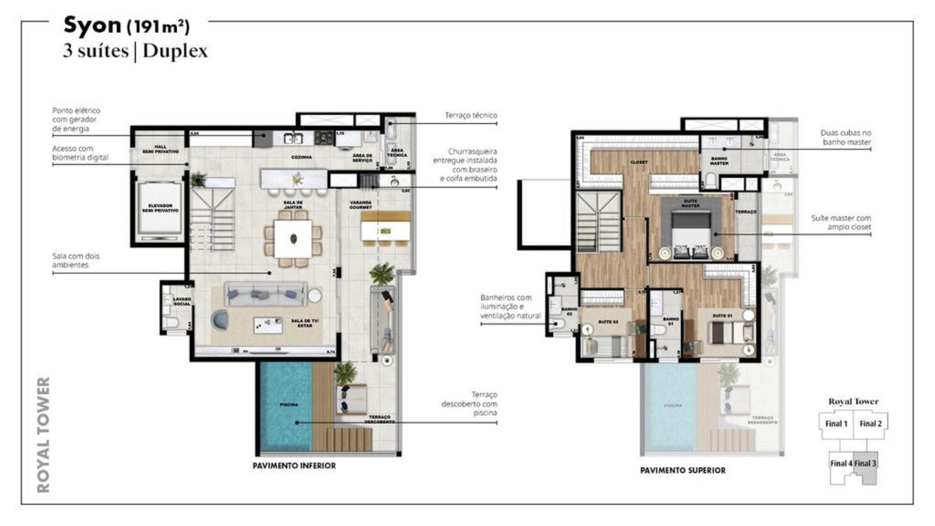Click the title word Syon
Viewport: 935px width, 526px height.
92,26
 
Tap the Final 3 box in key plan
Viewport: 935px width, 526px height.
865,463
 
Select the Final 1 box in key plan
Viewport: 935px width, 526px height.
836,424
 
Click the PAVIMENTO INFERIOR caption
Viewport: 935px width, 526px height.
294,466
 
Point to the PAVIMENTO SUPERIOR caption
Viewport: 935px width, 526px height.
682,471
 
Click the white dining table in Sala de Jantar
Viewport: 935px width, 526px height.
293,239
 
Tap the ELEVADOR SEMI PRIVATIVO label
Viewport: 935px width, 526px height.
160,208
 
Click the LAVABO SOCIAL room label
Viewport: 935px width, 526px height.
181,301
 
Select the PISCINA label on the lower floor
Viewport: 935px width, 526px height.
289,405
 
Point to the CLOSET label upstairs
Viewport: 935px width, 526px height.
639,162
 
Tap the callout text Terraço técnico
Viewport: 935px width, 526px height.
471,116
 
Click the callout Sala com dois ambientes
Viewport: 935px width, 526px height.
76,260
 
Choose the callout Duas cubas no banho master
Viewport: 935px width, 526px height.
845,137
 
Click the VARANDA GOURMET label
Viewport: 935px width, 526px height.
361,205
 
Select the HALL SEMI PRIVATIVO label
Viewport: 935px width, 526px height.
160,149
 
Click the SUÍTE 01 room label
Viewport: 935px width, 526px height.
722,316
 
